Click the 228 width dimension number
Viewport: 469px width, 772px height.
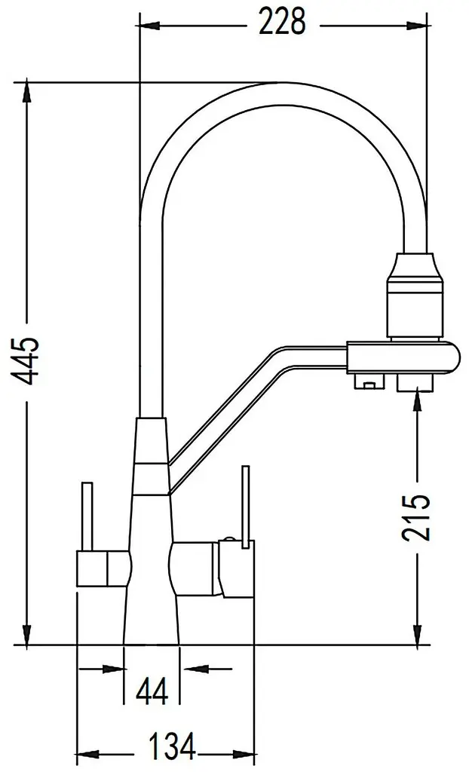[282, 23]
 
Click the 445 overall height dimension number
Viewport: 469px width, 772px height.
[25, 361]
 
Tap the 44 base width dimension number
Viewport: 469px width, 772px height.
[152, 691]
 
